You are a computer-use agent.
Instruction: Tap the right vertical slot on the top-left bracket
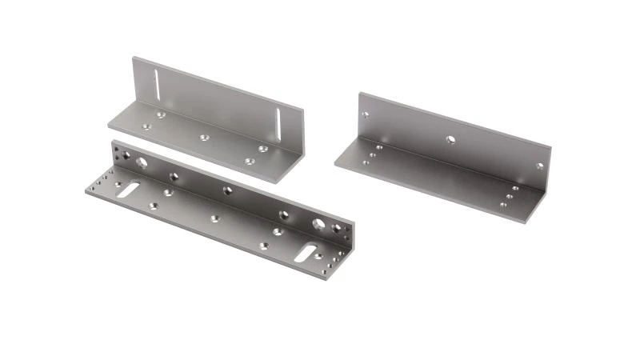tap(278, 126)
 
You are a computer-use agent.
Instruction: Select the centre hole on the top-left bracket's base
tap(204, 137)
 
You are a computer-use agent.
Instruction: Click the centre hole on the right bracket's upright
tap(450, 139)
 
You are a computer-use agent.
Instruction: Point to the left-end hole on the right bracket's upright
tap(365, 114)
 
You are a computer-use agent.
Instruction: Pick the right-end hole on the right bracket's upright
tap(540, 166)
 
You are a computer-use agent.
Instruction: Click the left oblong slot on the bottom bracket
tap(127, 190)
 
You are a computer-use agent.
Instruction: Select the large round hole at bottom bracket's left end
tap(142, 163)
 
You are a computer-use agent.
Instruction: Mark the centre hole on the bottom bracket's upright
tap(228, 190)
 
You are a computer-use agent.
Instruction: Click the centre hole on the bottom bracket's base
tap(214, 218)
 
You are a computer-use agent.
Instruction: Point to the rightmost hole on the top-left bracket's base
tap(262, 149)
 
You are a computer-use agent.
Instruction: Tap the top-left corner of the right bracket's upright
tap(360, 94)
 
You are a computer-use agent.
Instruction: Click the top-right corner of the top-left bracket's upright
tap(304, 110)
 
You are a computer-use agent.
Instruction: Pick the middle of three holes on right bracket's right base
tap(509, 195)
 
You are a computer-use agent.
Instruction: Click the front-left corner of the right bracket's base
tap(335, 166)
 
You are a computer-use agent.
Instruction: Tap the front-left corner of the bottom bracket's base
tap(84, 193)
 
